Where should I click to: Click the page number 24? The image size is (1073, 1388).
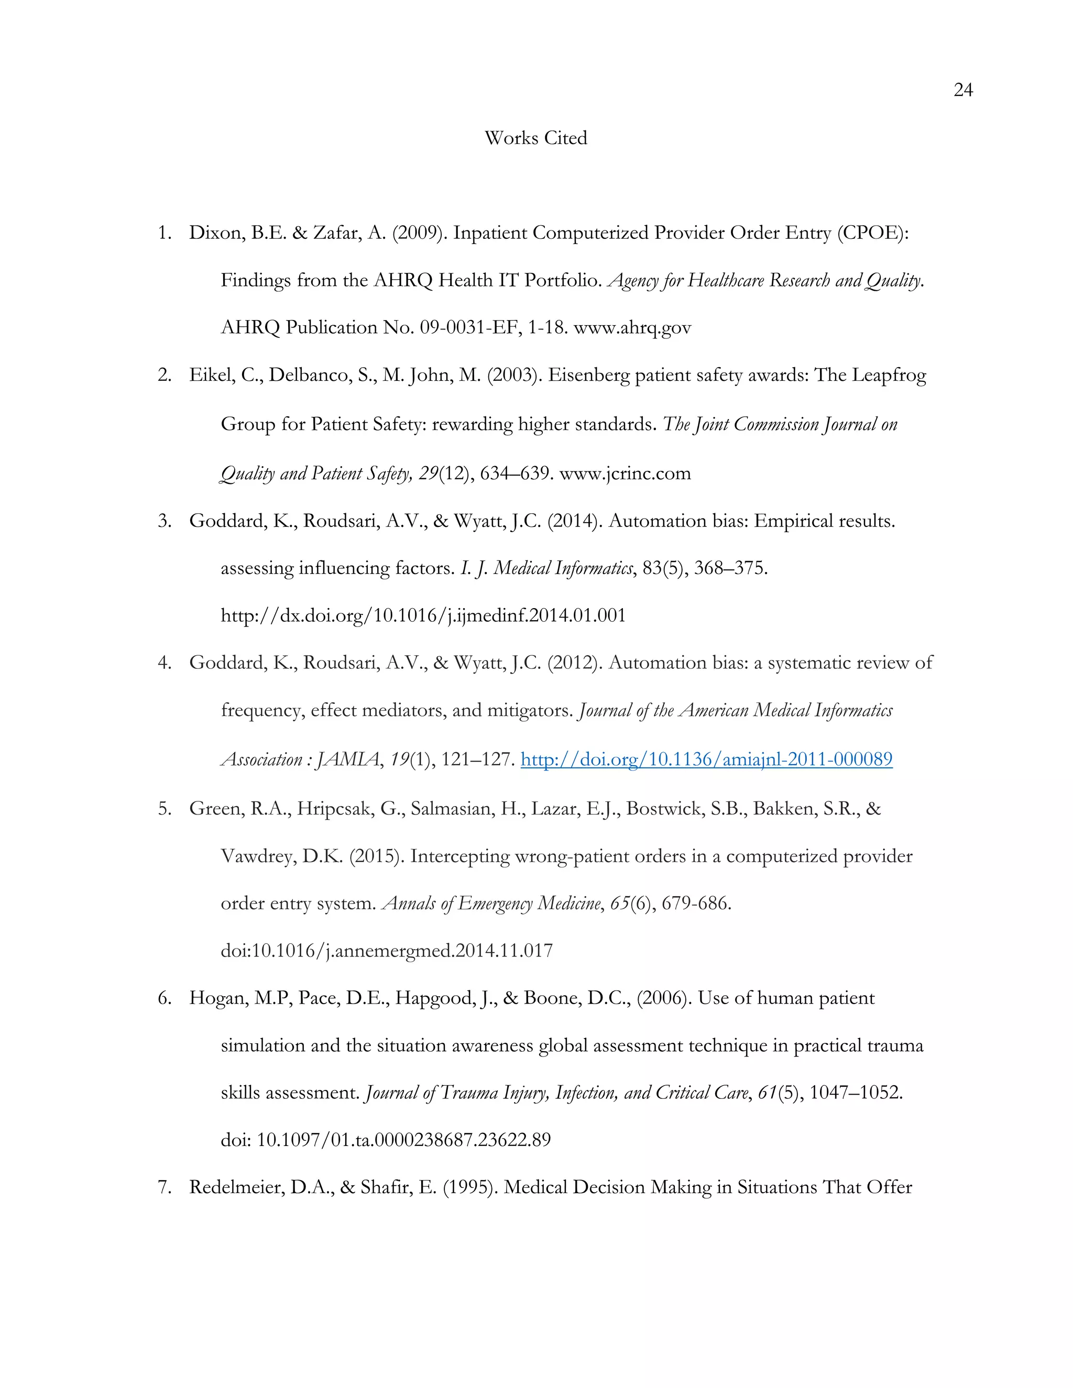pyautogui.click(x=963, y=90)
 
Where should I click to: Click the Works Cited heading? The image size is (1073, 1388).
pyautogui.click(x=536, y=138)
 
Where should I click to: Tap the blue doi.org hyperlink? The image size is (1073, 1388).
pyautogui.click(x=706, y=759)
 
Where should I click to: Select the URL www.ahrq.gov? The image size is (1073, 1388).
pyautogui.click(x=632, y=327)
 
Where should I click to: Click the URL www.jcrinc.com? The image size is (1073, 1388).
pyautogui.click(x=625, y=473)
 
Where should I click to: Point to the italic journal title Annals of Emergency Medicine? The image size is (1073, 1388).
pyautogui.click(x=491, y=903)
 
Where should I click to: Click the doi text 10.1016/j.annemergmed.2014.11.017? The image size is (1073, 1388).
pyautogui.click(x=387, y=951)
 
